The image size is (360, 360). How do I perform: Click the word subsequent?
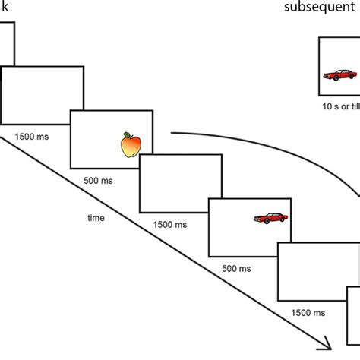pyautogui.click(x=320, y=7)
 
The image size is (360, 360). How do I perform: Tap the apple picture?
pyautogui.click(x=131, y=145)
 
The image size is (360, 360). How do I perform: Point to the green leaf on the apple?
pyautogui.click(x=127, y=135)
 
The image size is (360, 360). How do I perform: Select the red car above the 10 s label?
pyautogui.click(x=339, y=75)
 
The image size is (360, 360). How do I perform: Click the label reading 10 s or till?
pyautogui.click(x=341, y=106)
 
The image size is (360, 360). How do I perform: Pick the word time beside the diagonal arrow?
pyautogui.click(x=96, y=218)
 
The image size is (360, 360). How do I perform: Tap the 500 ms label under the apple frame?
pyautogui.click(x=98, y=181)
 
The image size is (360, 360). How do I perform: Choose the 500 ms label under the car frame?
pyautogui.click(x=236, y=268)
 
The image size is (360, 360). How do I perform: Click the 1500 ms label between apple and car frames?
pyautogui.click(x=170, y=225)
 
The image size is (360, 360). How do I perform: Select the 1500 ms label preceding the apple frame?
pyautogui.click(x=32, y=137)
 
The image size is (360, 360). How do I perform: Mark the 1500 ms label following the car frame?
pyautogui.click(x=308, y=313)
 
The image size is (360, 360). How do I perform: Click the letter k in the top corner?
pyautogui.click(x=5, y=7)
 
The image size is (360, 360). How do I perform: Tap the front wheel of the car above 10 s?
pyautogui.click(x=336, y=78)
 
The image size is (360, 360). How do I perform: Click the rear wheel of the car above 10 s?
pyautogui.click(x=352, y=77)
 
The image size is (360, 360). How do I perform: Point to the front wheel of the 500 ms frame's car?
pyautogui.click(x=267, y=221)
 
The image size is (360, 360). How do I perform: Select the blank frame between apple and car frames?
pyautogui.click(x=181, y=183)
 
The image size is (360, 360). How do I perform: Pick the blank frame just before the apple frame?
pyautogui.click(x=43, y=96)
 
